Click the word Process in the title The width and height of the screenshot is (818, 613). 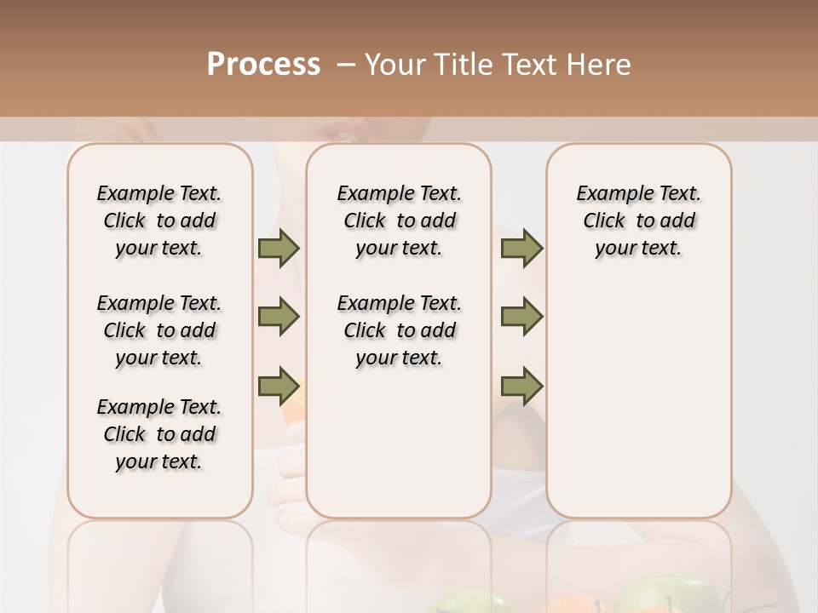263,65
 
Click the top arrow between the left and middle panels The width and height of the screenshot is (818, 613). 279,248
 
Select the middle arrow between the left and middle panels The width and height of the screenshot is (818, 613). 279,318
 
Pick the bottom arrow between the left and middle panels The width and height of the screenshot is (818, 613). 279,387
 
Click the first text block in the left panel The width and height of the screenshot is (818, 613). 158,221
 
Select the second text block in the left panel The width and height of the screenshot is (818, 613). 158,330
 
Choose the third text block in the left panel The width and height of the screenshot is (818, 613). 158,434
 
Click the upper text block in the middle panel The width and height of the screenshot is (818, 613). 399,221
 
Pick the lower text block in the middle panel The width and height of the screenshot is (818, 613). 399,330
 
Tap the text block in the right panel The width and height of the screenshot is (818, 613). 638,221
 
